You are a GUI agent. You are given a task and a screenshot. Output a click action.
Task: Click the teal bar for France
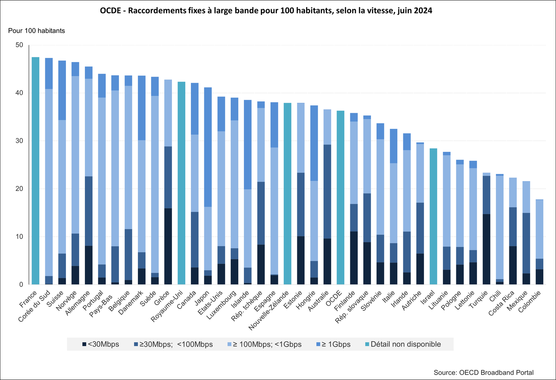click(x=36, y=171)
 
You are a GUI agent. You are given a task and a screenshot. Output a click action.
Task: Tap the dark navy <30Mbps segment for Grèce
click(x=168, y=246)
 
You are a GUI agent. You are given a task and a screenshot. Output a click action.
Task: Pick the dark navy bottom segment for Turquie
click(x=486, y=249)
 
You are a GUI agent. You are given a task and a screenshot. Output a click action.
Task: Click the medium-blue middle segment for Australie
click(x=327, y=191)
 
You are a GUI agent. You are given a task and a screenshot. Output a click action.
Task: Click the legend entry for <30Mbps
click(x=100, y=344)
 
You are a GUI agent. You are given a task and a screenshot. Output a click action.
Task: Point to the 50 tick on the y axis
click(x=19, y=45)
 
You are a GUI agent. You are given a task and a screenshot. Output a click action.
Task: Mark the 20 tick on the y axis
click(x=19, y=189)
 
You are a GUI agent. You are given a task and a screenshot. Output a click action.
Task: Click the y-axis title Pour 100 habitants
click(x=36, y=31)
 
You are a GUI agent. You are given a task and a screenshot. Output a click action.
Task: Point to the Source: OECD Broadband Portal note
click(x=483, y=373)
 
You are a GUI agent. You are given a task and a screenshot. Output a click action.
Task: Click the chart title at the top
click(x=266, y=11)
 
